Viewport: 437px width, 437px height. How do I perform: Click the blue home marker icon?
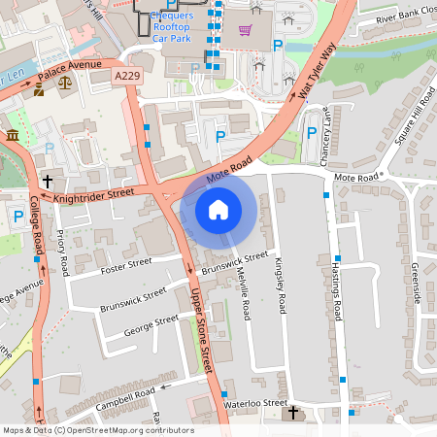tap(218, 209)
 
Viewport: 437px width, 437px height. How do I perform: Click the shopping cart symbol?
tap(245, 29)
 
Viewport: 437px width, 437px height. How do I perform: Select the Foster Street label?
tap(126, 262)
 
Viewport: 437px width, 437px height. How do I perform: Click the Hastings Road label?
tap(338, 291)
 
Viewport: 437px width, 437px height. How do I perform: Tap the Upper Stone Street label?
tap(200, 330)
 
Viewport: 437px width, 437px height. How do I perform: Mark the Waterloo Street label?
tap(255, 402)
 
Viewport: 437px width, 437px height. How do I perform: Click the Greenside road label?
tap(415, 282)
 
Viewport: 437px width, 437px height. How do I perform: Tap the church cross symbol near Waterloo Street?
tap(292, 414)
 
